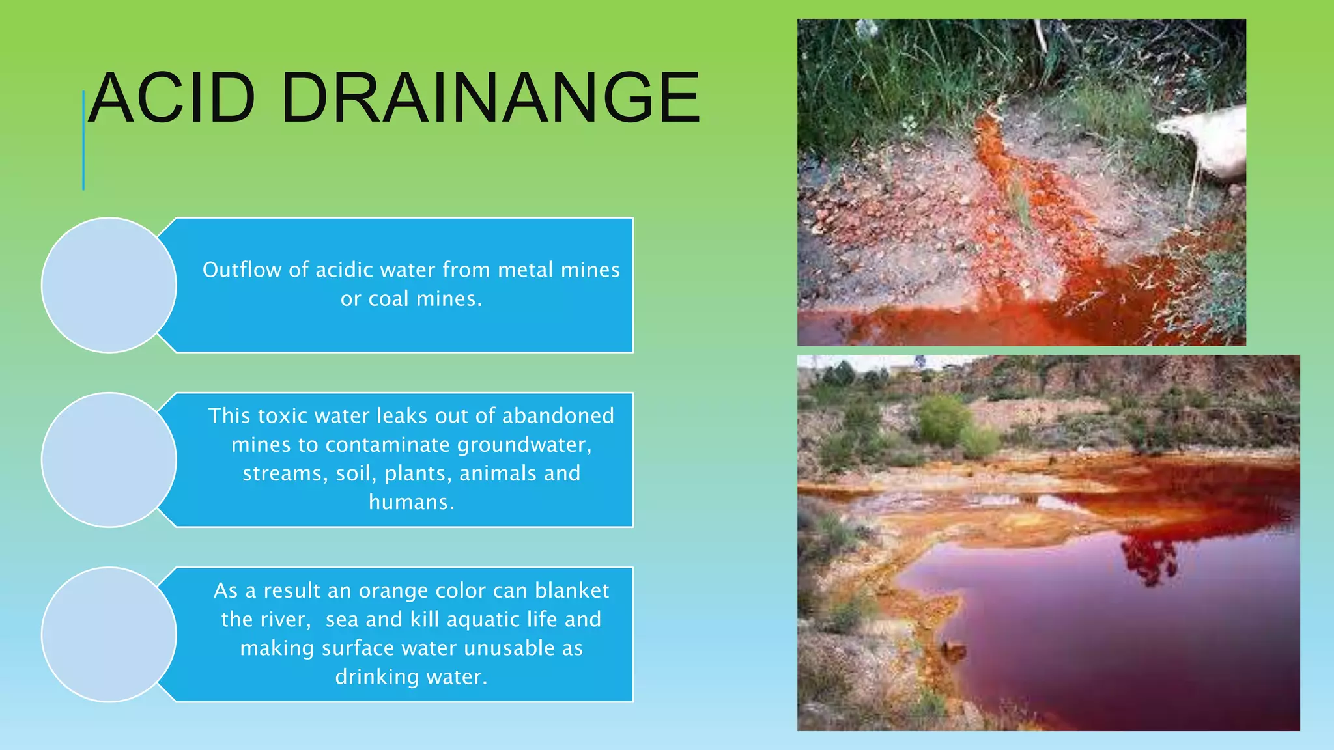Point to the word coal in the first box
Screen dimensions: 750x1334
tap(389, 299)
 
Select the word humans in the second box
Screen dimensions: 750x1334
tap(410, 502)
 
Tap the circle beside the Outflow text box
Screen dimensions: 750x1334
tap(109, 285)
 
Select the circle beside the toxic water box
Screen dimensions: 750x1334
tap(109, 460)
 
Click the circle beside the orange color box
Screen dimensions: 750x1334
tap(109, 634)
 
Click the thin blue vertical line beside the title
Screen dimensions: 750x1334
tap(83, 140)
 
